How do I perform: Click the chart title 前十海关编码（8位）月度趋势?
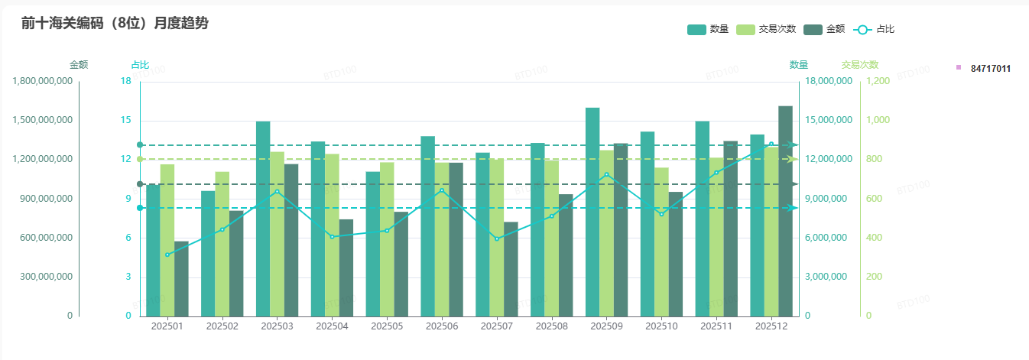click(x=115, y=23)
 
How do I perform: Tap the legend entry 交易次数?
click(x=766, y=29)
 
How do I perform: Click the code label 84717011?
click(x=990, y=69)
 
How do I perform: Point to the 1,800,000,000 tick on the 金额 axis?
click(x=43, y=81)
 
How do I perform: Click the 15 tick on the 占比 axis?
click(x=125, y=121)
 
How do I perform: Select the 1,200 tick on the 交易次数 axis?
click(x=878, y=81)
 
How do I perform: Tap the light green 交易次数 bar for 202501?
click(x=167, y=240)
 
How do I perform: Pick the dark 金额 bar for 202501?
click(x=181, y=278)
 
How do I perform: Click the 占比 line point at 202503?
click(x=277, y=191)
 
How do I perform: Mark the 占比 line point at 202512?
click(x=771, y=144)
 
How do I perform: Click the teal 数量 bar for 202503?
click(x=263, y=218)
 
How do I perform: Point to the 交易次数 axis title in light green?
click(x=859, y=65)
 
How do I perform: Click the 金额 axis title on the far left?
click(x=79, y=65)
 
